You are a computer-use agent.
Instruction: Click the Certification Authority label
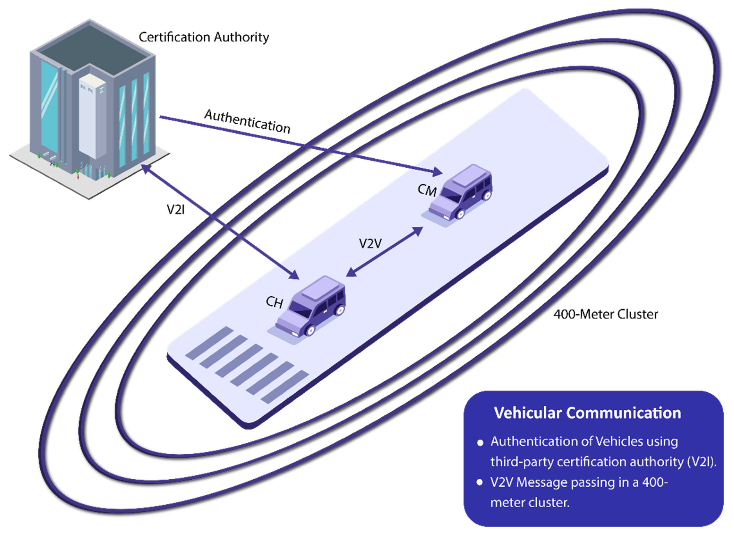(x=204, y=37)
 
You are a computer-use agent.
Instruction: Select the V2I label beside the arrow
(x=175, y=210)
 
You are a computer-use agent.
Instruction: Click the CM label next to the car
(x=427, y=190)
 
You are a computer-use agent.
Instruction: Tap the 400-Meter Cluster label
(x=606, y=314)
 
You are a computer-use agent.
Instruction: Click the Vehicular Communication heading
(x=587, y=413)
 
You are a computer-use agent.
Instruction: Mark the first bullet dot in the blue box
(x=480, y=443)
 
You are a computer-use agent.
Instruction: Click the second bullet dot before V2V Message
(x=479, y=482)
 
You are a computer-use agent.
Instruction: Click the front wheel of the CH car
(x=310, y=331)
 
